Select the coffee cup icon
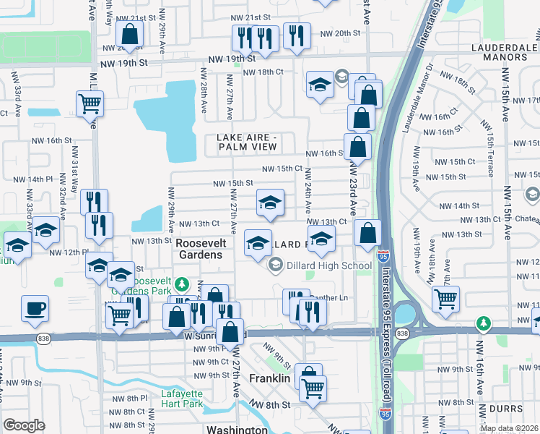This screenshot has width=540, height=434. [35, 310]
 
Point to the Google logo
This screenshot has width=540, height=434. [24, 425]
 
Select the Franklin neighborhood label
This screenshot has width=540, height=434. [269, 378]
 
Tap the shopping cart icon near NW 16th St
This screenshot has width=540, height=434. [90, 105]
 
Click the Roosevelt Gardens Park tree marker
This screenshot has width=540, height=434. [183, 283]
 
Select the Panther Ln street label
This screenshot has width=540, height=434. [329, 298]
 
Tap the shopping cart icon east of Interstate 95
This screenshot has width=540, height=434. [445, 297]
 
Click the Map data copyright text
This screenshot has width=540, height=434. [509, 428]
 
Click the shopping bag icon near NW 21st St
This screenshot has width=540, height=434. [129, 33]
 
